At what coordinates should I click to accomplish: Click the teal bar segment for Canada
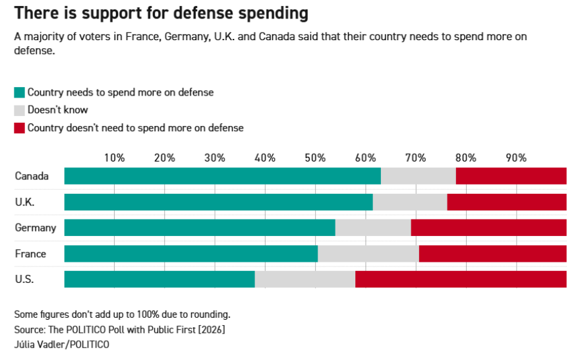click(x=222, y=176)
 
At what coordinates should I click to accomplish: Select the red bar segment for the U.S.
click(x=460, y=279)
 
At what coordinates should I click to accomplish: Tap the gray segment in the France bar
click(x=368, y=254)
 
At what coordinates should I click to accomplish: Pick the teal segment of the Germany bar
click(x=200, y=228)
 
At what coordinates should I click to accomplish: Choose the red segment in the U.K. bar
click(x=506, y=202)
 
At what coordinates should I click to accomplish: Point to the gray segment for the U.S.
click(x=304, y=279)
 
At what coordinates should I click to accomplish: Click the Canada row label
click(x=32, y=176)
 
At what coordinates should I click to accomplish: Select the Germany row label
click(x=36, y=228)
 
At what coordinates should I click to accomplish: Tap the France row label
click(x=30, y=254)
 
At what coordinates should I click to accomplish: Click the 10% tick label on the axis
click(x=115, y=158)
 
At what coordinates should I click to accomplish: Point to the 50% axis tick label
click(x=315, y=158)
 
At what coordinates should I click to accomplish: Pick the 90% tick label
click(x=516, y=158)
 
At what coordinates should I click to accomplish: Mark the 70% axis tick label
click(x=415, y=158)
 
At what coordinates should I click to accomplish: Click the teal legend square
click(x=19, y=93)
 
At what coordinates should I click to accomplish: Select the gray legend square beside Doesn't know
click(x=19, y=110)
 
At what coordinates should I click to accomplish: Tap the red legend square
click(x=19, y=128)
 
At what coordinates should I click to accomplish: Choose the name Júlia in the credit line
click(x=26, y=344)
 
